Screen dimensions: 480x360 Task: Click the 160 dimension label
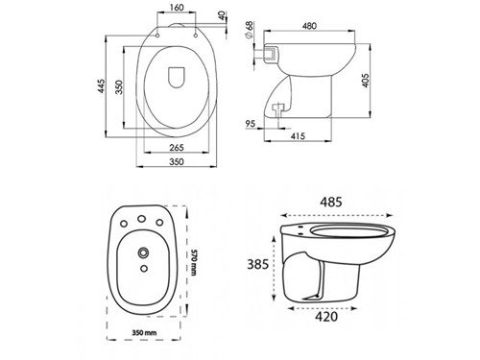(176, 7)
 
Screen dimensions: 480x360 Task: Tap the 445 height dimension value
(101, 85)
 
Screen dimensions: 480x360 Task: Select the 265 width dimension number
(177, 147)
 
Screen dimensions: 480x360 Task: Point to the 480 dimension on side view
(309, 26)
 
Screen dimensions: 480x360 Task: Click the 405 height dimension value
(366, 81)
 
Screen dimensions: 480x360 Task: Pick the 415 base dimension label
(298, 136)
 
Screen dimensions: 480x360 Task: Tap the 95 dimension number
(251, 124)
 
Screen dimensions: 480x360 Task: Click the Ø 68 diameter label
(249, 30)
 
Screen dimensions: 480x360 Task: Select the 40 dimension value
(223, 16)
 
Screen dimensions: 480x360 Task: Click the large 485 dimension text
(331, 202)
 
